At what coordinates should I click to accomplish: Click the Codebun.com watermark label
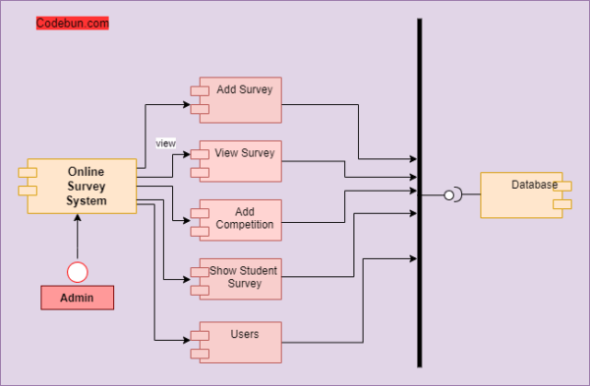click(72, 23)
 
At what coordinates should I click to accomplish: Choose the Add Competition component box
click(240, 220)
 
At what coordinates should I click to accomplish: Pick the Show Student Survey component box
click(240, 278)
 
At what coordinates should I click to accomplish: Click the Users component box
click(240, 342)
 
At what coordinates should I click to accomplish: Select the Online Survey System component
click(81, 187)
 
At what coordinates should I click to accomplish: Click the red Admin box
click(77, 298)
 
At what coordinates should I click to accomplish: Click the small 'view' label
click(165, 143)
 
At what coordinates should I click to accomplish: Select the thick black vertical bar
click(420, 196)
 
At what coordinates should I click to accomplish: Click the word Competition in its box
click(245, 225)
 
